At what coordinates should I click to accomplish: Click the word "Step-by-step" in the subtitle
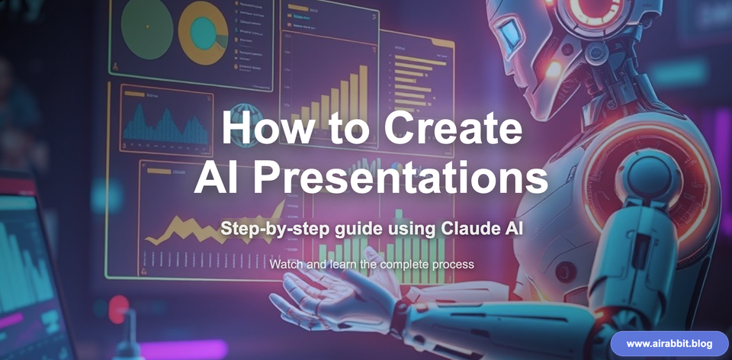(x=264, y=228)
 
